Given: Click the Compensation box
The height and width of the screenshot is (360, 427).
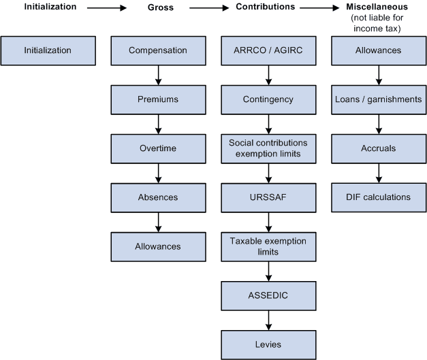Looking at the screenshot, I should point(158,50).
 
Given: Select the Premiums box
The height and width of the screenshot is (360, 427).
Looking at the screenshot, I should point(158,99).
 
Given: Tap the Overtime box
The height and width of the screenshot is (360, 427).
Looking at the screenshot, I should point(158,148).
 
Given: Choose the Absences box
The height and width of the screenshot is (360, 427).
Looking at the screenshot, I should point(158,197).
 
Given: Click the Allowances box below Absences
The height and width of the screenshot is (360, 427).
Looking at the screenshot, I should point(158,246).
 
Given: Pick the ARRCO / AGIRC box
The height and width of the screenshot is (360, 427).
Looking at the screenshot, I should point(268,50).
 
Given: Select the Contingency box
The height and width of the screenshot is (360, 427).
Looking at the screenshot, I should point(268,99).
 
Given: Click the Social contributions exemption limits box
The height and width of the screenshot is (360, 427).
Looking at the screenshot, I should point(268,148).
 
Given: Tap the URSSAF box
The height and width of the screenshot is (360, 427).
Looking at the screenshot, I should point(268,197).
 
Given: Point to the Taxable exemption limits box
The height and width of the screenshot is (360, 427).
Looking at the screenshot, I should point(268,246).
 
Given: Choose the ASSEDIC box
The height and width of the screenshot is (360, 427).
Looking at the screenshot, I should point(268,295).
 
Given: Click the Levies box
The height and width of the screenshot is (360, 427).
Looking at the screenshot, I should point(268,344).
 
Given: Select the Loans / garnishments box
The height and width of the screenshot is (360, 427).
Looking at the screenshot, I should point(378,99).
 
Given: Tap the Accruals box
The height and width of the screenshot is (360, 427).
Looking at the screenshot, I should point(378,148).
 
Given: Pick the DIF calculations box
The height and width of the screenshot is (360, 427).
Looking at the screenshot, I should point(378,197).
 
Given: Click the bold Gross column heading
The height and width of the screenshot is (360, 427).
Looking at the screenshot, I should point(161,7).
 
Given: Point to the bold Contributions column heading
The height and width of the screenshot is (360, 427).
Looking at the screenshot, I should point(265,7).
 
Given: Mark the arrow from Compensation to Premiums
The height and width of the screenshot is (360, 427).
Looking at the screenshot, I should point(158,75).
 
